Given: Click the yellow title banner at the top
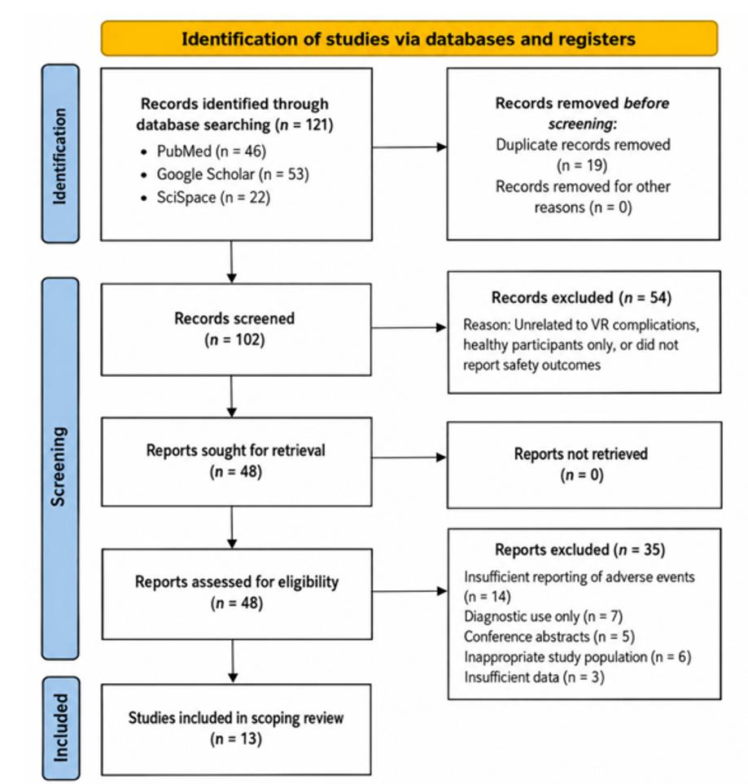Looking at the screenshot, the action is (409, 38).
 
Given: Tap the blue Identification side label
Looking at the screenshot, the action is (60, 154).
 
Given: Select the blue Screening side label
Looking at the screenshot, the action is (60, 468).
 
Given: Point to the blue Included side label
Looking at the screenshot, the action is (60, 728).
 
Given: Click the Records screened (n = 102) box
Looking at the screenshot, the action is (236, 330).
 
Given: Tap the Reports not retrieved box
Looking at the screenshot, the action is (584, 465).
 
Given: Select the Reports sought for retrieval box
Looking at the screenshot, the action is (237, 462).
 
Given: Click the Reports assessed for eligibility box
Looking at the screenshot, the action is (237, 594).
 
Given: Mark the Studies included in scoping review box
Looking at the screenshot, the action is (236, 729).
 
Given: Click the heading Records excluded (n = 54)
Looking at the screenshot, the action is (581, 297).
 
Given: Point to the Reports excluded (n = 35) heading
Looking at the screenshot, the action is (580, 550).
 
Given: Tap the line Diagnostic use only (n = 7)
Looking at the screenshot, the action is (543, 616).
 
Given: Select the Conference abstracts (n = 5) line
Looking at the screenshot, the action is (549, 637).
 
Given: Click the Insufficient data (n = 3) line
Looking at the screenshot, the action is (534, 677).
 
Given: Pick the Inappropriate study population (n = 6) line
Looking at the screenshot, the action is (578, 656).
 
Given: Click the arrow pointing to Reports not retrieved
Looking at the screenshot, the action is (409, 457).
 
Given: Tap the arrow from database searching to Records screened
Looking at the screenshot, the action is (231, 262).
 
